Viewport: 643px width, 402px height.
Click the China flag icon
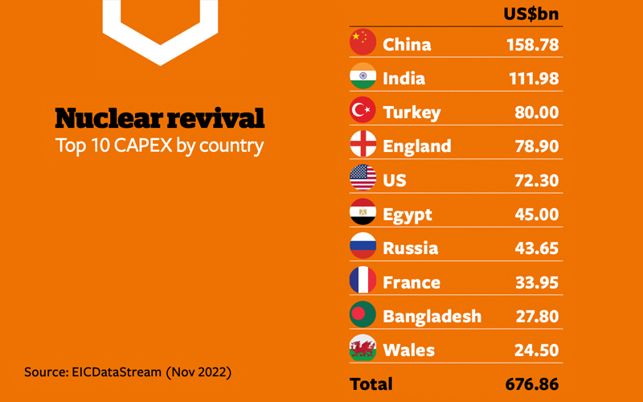click(363, 42)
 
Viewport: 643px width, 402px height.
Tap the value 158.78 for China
click(532, 45)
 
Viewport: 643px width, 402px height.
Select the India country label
click(403, 78)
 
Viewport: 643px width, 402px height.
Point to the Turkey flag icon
click(363, 110)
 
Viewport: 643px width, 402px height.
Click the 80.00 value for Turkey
click(536, 113)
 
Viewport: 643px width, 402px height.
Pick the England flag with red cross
click(363, 144)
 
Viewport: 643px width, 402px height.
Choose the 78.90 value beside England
click(537, 146)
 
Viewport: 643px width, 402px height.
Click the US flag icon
click(363, 178)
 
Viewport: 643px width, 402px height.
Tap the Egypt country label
click(408, 215)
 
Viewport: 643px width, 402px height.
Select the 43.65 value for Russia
click(536, 248)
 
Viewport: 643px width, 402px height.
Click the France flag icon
click(363, 280)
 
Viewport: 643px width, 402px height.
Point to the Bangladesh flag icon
click(363, 314)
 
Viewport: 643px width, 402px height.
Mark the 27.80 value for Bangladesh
click(537, 316)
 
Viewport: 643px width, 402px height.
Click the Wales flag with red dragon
click(363, 348)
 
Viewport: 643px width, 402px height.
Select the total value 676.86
click(532, 384)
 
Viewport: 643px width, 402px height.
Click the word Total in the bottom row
click(371, 384)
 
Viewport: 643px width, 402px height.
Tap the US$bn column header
click(531, 14)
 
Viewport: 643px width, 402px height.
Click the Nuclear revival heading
click(160, 118)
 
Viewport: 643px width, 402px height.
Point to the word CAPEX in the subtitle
click(143, 146)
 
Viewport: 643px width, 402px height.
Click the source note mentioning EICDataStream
click(128, 372)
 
